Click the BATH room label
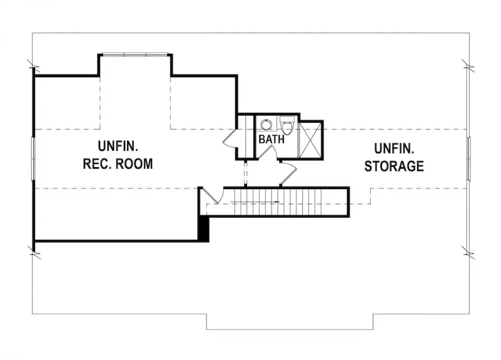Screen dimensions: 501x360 pyautogui.click(x=271, y=139)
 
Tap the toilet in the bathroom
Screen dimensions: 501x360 pyautogui.click(x=287, y=125)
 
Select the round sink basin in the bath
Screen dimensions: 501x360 pyautogui.click(x=266, y=124)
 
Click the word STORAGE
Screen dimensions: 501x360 pyautogui.click(x=394, y=166)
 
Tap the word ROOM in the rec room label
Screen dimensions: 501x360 pyautogui.click(x=134, y=164)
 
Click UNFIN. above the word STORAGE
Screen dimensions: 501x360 pyautogui.click(x=394, y=149)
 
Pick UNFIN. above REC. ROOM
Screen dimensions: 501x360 pyautogui.click(x=118, y=146)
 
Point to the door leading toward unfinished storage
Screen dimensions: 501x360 pyautogui.click(x=288, y=174)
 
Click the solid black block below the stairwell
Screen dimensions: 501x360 pyautogui.click(x=204, y=228)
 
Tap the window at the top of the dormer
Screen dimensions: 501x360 pyautogui.click(x=135, y=55)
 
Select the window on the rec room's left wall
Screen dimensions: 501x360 pyautogui.click(x=33, y=159)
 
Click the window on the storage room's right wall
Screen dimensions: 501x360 pyautogui.click(x=469, y=158)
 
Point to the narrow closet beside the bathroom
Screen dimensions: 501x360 pyautogui.click(x=245, y=136)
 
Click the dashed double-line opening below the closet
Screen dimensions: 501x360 pyautogui.click(x=245, y=173)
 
